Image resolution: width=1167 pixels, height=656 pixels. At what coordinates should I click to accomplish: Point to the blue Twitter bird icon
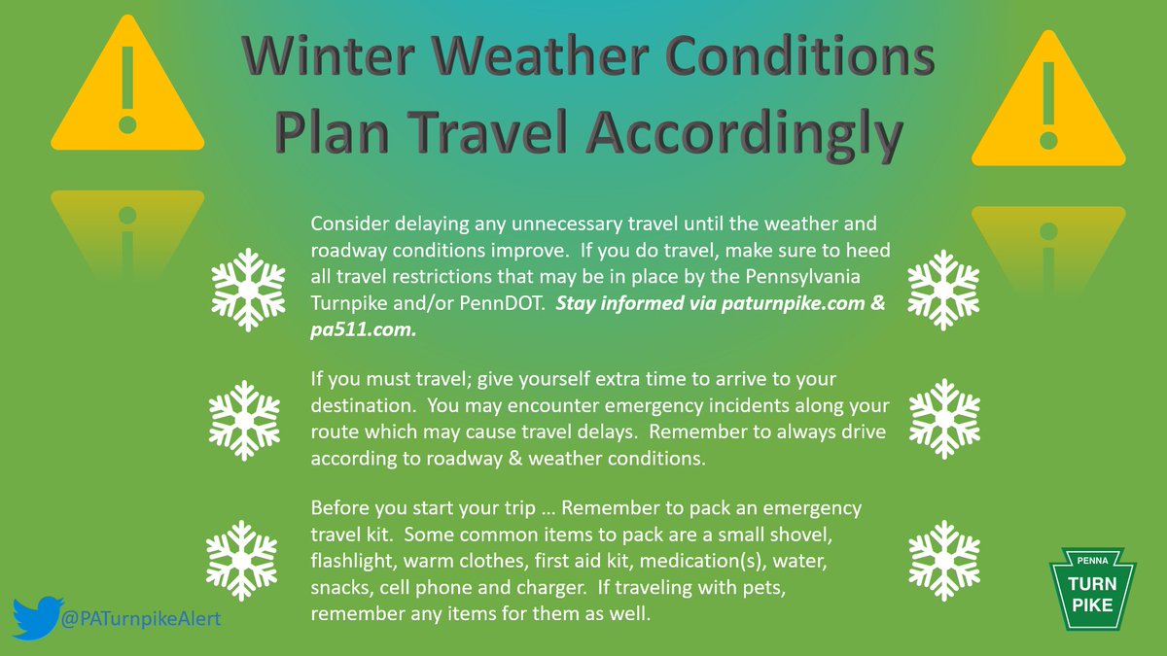[38, 617]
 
